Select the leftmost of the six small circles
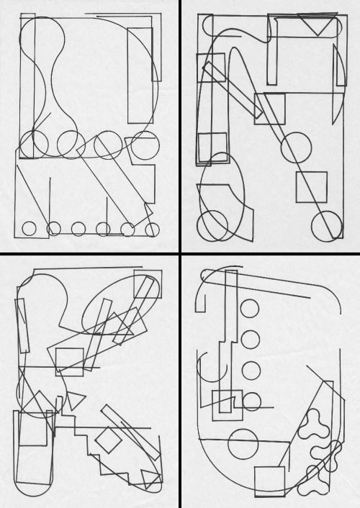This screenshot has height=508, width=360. pyautogui.click(x=29, y=229)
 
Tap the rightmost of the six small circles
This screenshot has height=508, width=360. pyautogui.click(x=152, y=230)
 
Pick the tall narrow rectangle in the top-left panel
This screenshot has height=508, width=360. pyautogui.click(x=140, y=75)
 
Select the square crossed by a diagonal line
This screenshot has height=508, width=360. pyautogui.click(x=311, y=187)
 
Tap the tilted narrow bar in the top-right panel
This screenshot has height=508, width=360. pyautogui.click(x=233, y=90)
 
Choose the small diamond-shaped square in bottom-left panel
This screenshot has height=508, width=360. pyautogui.click(x=108, y=440)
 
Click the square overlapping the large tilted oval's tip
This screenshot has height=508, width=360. pyautogui.click(x=148, y=284)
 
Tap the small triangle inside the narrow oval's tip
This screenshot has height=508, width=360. pyautogui.click(x=151, y=479)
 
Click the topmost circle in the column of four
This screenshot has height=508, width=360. pyautogui.click(x=250, y=309)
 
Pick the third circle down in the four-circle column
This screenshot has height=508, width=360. pyautogui.click(x=251, y=371)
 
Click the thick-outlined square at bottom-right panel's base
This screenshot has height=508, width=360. pyautogui.click(x=270, y=481)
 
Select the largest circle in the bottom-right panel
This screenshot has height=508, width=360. pyautogui.click(x=243, y=444)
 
